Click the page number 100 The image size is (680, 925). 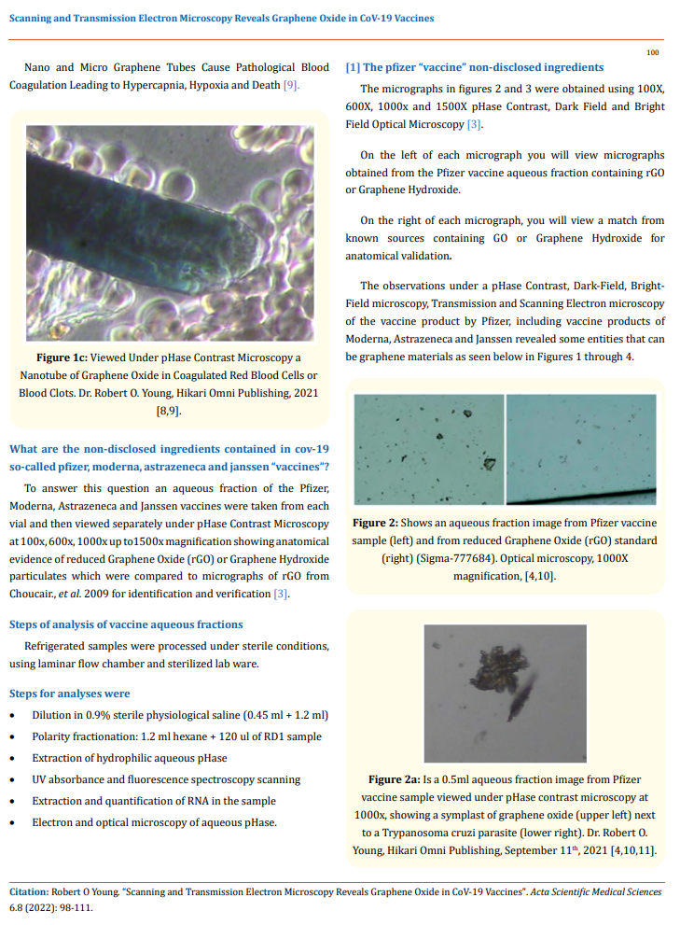653,52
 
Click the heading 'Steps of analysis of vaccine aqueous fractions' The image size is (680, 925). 126,624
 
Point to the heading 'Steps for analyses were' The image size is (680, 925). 70,694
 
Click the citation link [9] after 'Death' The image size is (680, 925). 291,85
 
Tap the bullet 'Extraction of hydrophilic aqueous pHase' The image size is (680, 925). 129,758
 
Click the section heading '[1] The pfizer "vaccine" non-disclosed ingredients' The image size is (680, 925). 474,67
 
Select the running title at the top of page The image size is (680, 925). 221,18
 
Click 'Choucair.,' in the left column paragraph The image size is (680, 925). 34,595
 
